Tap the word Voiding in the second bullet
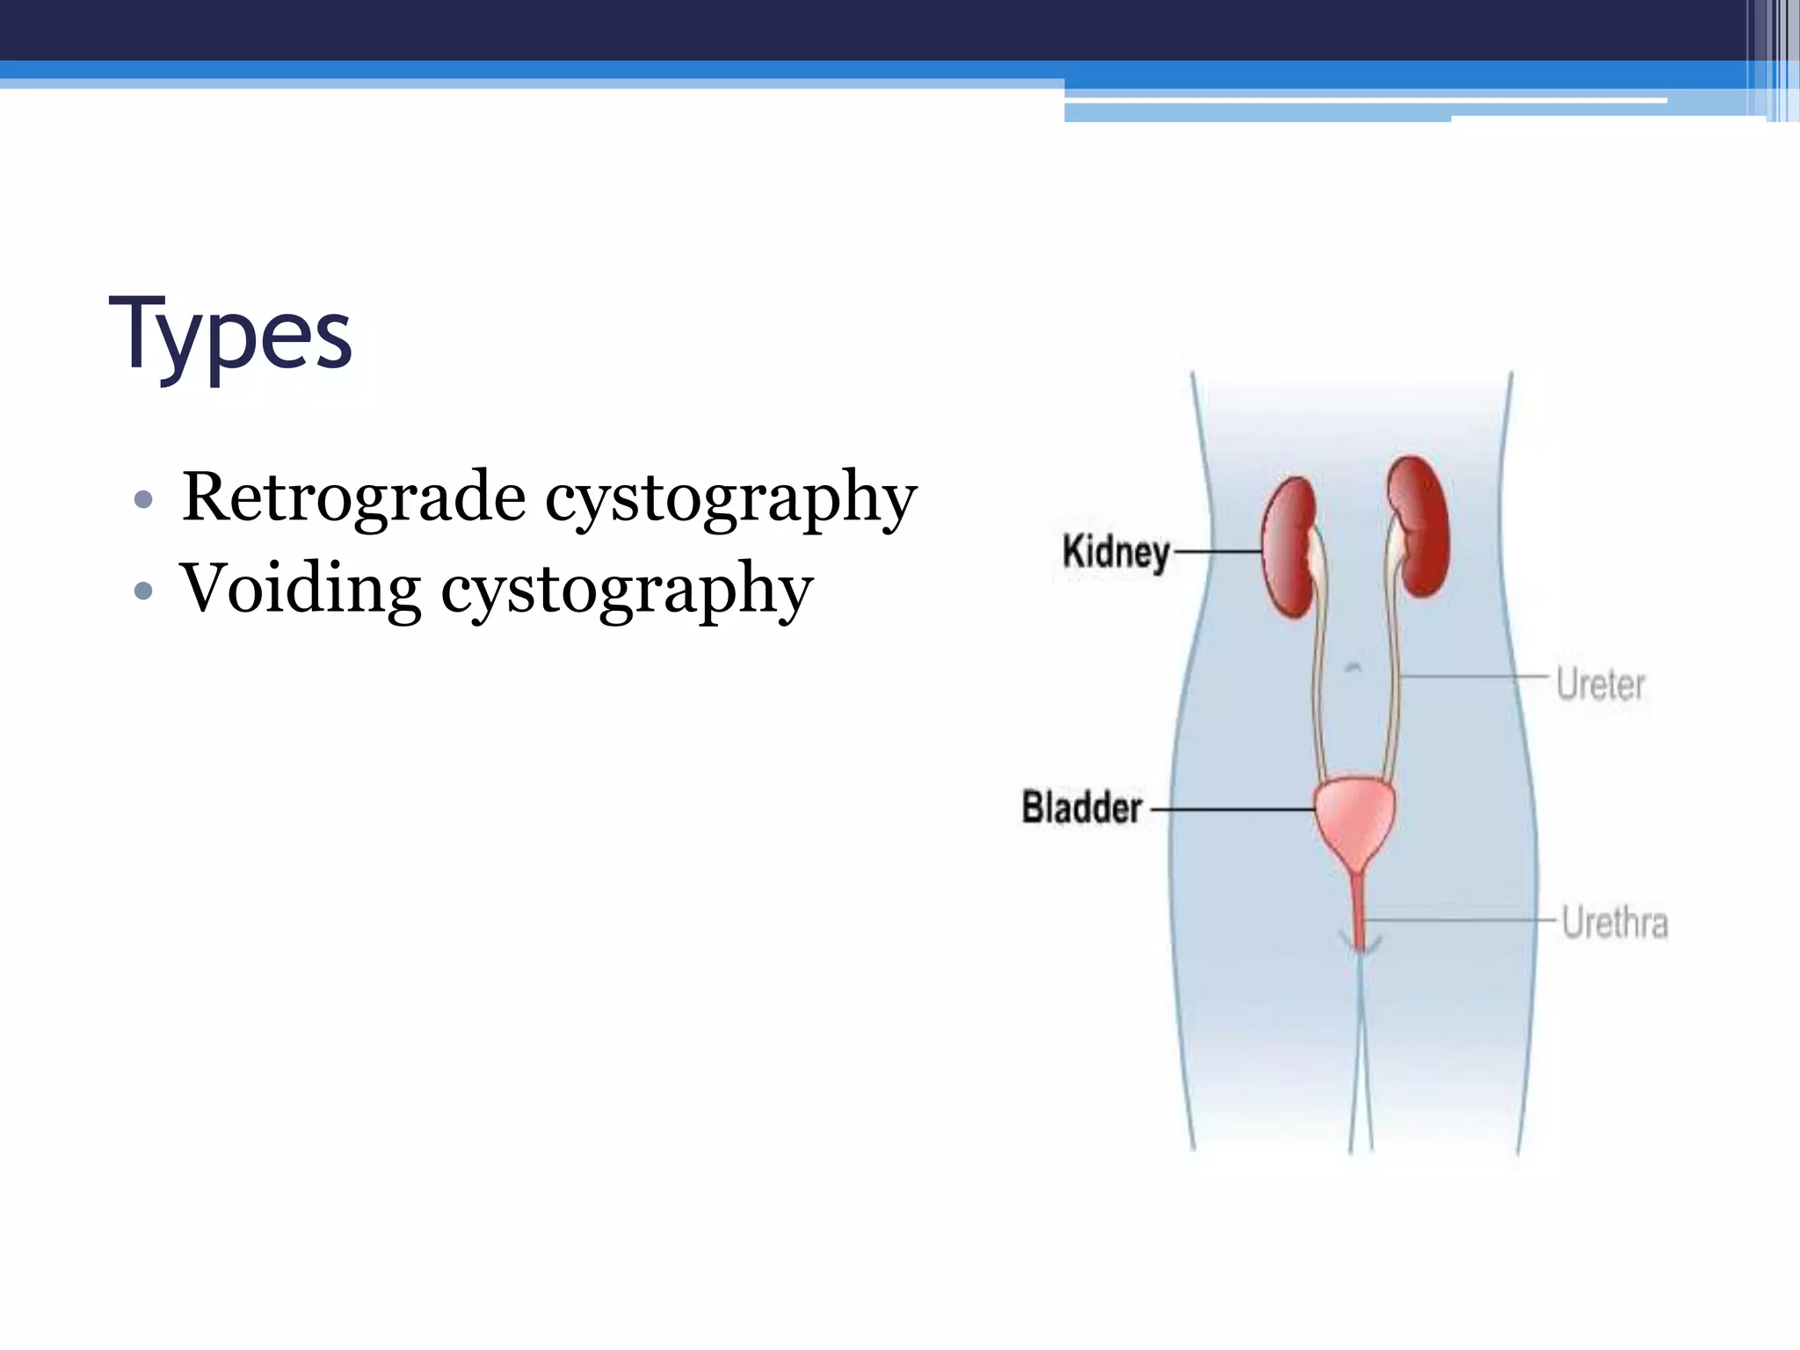[300, 589]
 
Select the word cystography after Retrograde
[730, 499]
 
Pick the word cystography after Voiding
[626, 591]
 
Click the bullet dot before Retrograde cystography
[144, 500]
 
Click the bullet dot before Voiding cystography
[144, 591]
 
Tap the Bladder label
[1081, 808]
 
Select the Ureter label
[1600, 684]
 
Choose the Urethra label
[1614, 923]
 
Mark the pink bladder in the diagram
[1354, 817]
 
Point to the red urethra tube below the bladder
[1359, 910]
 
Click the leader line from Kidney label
[1217, 552]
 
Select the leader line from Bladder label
[1230, 809]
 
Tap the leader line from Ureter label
[1472, 676]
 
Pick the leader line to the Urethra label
[1459, 919]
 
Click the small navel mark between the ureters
[1354, 668]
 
